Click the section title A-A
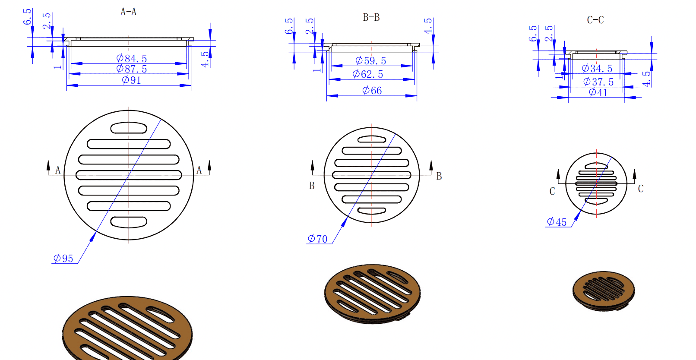pos(128,12)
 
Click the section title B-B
pos(371,18)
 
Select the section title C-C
pos(595,20)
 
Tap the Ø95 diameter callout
pos(63,258)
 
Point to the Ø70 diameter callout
pos(317,239)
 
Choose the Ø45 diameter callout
pos(557,222)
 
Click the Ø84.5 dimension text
pos(132,58)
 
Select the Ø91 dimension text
pos(131,80)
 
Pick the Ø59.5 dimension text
pos(370,61)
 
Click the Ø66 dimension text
pos(372,91)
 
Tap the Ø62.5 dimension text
pos(368,74)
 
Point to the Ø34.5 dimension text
pos(597,69)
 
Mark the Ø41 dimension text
pos(598,92)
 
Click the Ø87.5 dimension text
pos(132,69)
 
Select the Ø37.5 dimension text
pos(598,82)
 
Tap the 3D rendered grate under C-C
pos(604,290)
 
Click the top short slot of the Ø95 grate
pos(129,128)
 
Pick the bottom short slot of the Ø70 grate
pos(372,211)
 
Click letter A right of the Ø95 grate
pos(199,170)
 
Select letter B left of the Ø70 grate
pos(312,186)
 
